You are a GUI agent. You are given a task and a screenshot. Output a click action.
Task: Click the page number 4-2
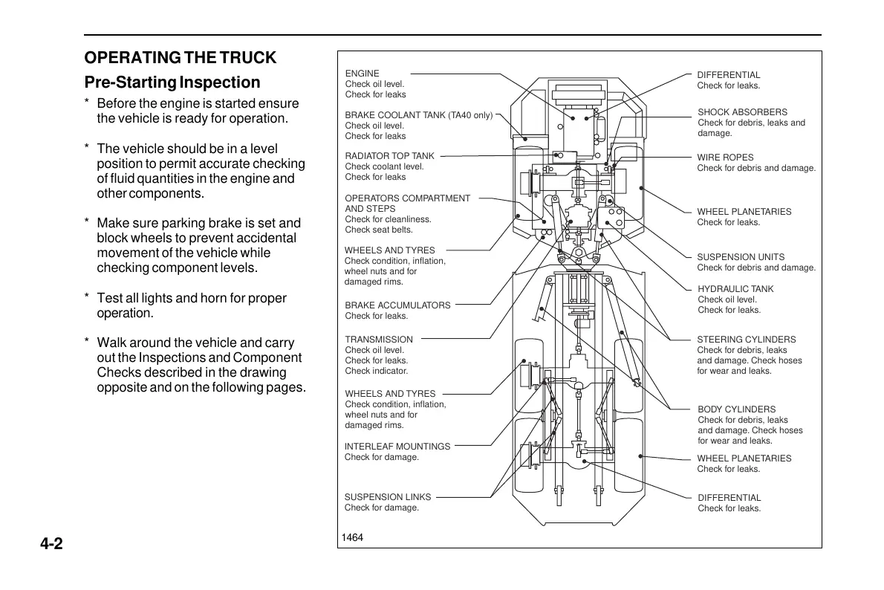tap(52, 544)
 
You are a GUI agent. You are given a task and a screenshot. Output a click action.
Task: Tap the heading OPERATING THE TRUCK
tap(180, 58)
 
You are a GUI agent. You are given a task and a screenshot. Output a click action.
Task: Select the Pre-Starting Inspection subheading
tap(172, 82)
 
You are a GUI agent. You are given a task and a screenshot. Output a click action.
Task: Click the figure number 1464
tap(352, 538)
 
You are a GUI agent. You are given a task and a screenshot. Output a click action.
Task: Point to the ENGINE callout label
tap(363, 74)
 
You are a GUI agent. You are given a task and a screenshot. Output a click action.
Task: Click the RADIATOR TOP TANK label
tap(390, 156)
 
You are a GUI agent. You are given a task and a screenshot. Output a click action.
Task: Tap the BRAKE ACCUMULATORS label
tap(397, 305)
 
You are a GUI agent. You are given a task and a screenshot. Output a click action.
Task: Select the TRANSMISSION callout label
tap(379, 340)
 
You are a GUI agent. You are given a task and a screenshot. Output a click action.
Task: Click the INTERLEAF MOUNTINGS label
tap(397, 447)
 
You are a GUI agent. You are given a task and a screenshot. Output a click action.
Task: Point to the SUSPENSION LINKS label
tap(388, 497)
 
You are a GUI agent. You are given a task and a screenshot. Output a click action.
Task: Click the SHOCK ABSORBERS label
tap(742, 112)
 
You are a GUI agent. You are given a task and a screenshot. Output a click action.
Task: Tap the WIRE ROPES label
tap(725, 158)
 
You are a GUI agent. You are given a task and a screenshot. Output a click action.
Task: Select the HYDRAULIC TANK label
tap(735, 289)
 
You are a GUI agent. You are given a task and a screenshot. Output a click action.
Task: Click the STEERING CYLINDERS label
tap(746, 340)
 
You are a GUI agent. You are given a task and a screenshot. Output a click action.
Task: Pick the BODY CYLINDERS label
tap(736, 409)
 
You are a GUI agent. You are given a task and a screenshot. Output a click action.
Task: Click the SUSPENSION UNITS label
tap(741, 257)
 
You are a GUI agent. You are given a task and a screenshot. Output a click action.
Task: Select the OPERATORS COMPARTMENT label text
tap(407, 198)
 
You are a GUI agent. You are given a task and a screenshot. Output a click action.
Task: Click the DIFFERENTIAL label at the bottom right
tap(729, 498)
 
